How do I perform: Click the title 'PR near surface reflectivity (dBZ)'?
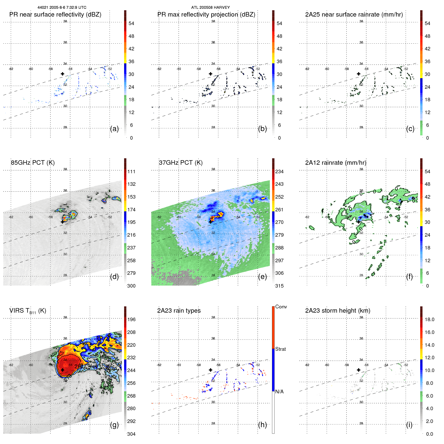55,15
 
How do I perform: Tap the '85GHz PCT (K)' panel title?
33,162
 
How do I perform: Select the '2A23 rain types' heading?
179,311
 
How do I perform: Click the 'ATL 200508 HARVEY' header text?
210,8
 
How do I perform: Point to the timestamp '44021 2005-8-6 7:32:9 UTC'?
62,8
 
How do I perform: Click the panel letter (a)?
114,129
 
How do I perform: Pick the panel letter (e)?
262,277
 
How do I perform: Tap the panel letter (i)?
409,425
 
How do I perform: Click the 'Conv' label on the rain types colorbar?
281,307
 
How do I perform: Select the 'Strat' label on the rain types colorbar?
281,349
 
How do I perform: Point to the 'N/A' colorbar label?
279,392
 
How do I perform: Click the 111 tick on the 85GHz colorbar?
131,171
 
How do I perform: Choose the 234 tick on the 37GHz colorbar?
279,171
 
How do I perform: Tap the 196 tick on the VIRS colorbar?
131,319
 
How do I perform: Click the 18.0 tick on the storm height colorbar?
429,319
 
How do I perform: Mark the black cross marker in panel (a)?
62,74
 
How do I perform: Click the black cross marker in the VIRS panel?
62,370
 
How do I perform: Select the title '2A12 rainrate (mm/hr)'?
336,162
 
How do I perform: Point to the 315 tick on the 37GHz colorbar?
279,286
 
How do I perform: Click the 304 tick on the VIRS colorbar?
131,434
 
